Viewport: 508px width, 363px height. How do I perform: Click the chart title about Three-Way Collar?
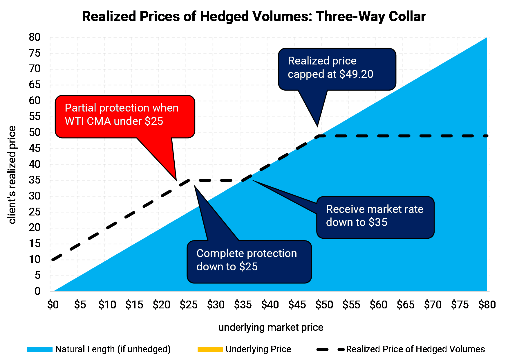(x=254, y=17)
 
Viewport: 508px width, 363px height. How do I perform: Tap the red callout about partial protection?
(x=125, y=116)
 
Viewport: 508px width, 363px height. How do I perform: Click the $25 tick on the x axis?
(x=189, y=305)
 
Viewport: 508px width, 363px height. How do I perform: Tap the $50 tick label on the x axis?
(x=324, y=305)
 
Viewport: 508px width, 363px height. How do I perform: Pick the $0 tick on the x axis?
(x=53, y=305)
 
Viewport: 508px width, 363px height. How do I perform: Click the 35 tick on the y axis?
(x=35, y=180)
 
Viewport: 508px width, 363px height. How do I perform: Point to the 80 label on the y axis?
(x=35, y=37)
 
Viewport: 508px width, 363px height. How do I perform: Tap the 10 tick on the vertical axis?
(x=35, y=259)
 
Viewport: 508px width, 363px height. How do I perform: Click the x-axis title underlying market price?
(x=271, y=327)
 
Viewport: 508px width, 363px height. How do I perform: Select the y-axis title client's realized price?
(x=12, y=175)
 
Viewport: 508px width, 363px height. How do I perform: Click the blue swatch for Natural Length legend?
(x=40, y=349)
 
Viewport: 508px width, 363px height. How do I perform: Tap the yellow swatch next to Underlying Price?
(x=210, y=349)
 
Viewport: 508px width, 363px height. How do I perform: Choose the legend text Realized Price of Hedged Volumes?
(x=415, y=349)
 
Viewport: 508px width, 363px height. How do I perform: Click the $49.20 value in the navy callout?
(x=356, y=74)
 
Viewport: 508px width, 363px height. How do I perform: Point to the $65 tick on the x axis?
(x=406, y=305)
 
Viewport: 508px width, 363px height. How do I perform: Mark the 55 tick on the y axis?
(x=35, y=116)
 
